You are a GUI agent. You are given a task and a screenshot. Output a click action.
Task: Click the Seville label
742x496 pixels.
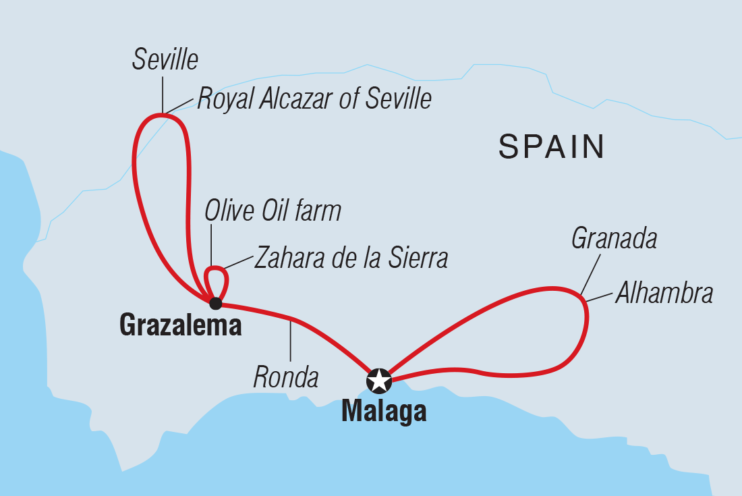[x=165, y=60]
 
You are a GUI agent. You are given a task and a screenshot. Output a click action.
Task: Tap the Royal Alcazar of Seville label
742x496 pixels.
[x=314, y=99]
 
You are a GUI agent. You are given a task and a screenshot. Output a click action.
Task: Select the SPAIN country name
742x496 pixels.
[x=551, y=146]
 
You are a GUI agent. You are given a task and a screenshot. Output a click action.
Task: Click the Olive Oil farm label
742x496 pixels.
[x=273, y=211]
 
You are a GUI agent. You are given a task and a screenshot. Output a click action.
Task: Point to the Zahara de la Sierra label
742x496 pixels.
[x=351, y=258]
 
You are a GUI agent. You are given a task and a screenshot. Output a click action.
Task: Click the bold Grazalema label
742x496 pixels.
[x=180, y=327]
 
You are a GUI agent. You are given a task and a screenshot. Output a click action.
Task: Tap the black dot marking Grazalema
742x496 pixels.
[x=215, y=303]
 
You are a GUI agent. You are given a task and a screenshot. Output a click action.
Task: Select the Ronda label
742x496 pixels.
[x=286, y=378]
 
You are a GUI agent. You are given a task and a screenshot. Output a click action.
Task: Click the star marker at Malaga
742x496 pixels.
[x=378, y=381]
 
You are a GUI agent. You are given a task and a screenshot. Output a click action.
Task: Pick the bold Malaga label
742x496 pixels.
[x=384, y=411]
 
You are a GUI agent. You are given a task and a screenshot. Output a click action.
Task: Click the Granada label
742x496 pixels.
[x=614, y=238]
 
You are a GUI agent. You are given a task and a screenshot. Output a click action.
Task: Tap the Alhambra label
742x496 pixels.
[x=664, y=294]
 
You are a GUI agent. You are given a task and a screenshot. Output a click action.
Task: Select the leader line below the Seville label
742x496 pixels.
[x=163, y=94]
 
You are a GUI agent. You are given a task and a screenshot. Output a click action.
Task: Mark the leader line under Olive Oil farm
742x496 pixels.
[x=211, y=246]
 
